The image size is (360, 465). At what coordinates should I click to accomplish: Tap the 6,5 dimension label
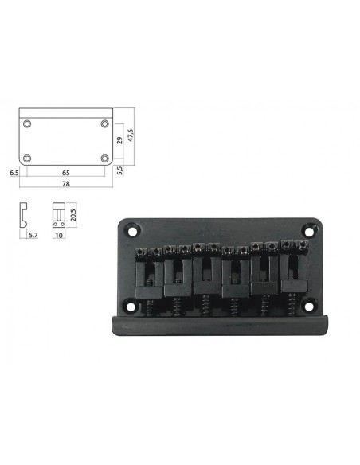point(14,170)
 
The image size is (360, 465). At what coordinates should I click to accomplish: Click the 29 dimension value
point(119,140)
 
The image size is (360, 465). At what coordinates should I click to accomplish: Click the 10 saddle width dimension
point(58,236)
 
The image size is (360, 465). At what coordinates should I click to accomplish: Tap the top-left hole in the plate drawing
point(28,124)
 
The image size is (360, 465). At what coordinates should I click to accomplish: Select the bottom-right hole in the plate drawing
point(104,158)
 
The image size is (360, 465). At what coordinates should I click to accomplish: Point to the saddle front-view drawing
point(58,216)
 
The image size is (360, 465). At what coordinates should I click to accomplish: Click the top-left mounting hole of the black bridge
point(131,231)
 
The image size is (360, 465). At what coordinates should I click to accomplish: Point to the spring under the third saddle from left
point(204,303)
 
